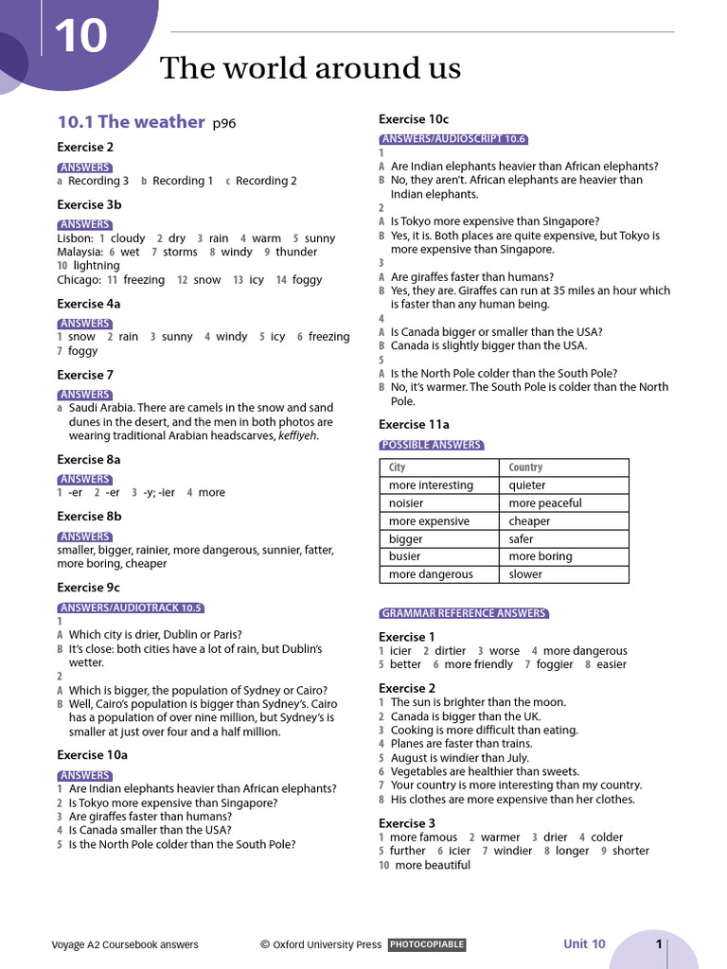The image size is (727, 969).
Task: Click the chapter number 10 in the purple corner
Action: pyautogui.click(x=80, y=37)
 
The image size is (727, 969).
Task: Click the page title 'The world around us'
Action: pyautogui.click(x=310, y=68)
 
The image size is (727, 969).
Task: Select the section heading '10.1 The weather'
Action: pyautogui.click(x=131, y=121)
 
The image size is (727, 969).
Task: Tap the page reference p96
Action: pyautogui.click(x=224, y=123)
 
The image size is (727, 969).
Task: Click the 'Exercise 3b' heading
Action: pyautogui.click(x=89, y=204)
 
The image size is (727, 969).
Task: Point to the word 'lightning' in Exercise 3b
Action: pyautogui.click(x=97, y=266)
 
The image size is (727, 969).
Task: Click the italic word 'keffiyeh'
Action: pyautogui.click(x=297, y=436)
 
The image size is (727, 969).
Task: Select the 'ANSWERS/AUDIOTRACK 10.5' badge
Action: pyautogui.click(x=131, y=608)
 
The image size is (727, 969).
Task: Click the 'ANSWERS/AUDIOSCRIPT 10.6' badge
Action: pyautogui.click(x=452, y=138)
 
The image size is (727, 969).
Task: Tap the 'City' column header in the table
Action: pyautogui.click(x=398, y=467)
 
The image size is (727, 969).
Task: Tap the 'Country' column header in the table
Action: pyautogui.click(x=525, y=467)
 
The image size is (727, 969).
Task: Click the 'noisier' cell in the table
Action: pyautogui.click(x=406, y=503)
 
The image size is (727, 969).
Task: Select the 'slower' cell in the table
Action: pyautogui.click(x=525, y=574)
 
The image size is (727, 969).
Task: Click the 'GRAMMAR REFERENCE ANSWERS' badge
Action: pyautogui.click(x=464, y=613)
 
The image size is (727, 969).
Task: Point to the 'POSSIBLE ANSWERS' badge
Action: pyautogui.click(x=431, y=445)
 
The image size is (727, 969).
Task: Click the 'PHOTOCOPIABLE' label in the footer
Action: pyautogui.click(x=427, y=944)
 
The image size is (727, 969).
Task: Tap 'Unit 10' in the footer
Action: pyautogui.click(x=584, y=943)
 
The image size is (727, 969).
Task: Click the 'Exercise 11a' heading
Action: pyautogui.click(x=414, y=425)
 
